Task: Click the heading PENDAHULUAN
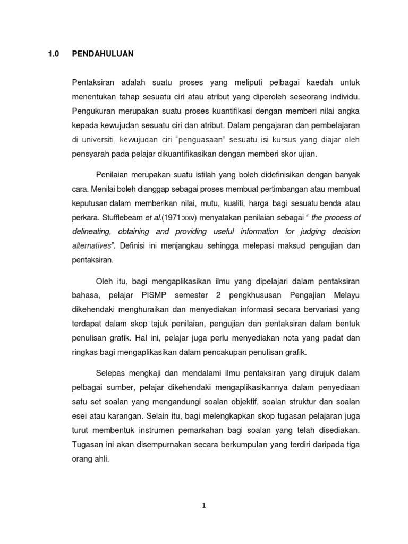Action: coord(103,54)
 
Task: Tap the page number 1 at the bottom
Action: coord(203,506)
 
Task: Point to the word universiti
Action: coord(98,140)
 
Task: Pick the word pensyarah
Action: coord(89,155)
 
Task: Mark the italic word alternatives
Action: coord(92,246)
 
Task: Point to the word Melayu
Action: coord(346,294)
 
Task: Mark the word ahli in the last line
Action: coord(100,458)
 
